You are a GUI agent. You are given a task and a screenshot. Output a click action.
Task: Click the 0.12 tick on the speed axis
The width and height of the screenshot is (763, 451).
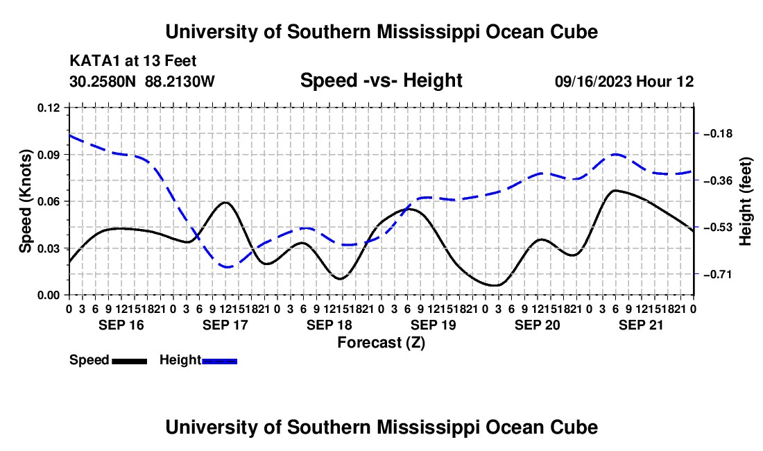tap(49, 108)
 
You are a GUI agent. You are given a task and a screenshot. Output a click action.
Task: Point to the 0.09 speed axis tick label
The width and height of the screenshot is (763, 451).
tap(49, 155)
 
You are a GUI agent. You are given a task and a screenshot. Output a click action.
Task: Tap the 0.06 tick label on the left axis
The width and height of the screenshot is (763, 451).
tap(49, 201)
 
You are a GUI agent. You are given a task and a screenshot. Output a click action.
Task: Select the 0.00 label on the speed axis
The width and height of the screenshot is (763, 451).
tap(49, 296)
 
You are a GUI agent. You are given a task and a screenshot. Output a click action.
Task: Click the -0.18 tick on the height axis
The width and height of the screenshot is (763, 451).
tap(718, 133)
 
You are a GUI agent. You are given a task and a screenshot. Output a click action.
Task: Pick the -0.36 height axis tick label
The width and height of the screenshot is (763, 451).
tap(718, 180)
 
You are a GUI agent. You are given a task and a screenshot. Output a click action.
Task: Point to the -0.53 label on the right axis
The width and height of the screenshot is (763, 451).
tap(718, 227)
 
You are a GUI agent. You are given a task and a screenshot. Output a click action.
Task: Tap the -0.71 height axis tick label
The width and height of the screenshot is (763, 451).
tap(718, 274)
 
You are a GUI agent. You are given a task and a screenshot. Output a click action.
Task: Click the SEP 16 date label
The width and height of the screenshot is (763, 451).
tap(121, 325)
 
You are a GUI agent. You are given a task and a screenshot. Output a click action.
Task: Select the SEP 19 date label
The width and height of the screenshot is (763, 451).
tap(433, 325)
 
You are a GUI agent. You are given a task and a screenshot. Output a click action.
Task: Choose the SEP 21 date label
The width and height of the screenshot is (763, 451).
tap(641, 325)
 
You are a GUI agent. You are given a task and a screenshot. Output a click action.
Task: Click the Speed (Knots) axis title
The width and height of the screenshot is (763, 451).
tap(25, 201)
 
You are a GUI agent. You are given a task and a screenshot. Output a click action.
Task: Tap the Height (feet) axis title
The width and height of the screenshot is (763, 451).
tap(746, 201)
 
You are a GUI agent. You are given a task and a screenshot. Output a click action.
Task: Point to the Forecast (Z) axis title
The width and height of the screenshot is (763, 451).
tap(381, 343)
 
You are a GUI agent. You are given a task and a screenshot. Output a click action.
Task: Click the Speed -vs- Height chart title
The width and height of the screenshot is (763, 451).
tap(381, 80)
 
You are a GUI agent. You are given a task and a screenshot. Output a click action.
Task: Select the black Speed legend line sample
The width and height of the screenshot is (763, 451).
tap(130, 361)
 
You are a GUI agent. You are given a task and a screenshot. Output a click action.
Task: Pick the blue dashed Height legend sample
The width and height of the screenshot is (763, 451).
tap(219, 361)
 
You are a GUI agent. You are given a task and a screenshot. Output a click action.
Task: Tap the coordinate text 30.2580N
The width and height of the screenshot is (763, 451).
tap(103, 81)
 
